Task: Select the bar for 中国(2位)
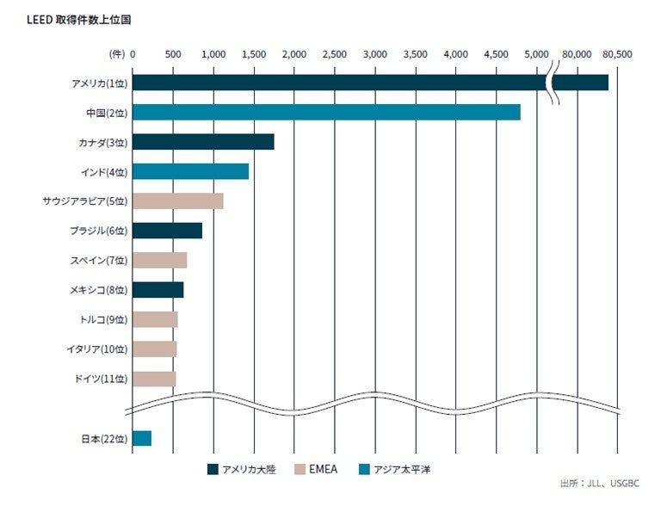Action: point(326,112)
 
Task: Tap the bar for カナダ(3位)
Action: point(203,142)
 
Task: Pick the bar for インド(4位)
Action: point(190,171)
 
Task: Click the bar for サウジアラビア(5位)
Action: point(178,201)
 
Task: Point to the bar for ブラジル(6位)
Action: point(167,231)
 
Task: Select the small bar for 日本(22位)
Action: point(142,438)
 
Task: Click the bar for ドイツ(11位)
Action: point(154,379)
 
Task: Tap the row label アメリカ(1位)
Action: point(100,83)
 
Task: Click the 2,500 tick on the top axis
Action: point(335,53)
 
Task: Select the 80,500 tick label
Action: point(617,53)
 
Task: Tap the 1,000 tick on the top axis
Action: point(213,53)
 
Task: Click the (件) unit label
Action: point(117,53)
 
